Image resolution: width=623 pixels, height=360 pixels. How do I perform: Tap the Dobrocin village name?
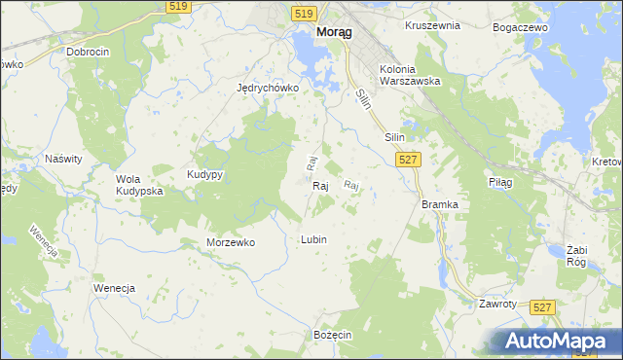89,52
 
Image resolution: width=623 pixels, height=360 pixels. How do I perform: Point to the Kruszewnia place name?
432,25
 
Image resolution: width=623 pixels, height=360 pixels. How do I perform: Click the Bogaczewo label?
522,28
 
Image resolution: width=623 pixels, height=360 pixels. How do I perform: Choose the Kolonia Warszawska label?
411,76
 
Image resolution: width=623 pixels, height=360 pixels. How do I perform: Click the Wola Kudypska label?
139,185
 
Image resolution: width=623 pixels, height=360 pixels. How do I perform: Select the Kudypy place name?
205,174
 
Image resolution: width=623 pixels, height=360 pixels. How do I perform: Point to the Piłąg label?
499,182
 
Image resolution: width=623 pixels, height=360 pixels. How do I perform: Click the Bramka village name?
439,204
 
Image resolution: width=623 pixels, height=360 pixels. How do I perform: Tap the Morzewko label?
231,242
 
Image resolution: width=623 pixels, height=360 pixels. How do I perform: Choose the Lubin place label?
313,239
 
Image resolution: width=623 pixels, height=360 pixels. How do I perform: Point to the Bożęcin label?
332,334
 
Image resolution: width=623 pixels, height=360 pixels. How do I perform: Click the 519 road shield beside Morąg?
303,13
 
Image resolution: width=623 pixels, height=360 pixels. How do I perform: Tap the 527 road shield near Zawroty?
544,306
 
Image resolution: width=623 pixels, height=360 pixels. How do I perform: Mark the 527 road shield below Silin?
409,160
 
